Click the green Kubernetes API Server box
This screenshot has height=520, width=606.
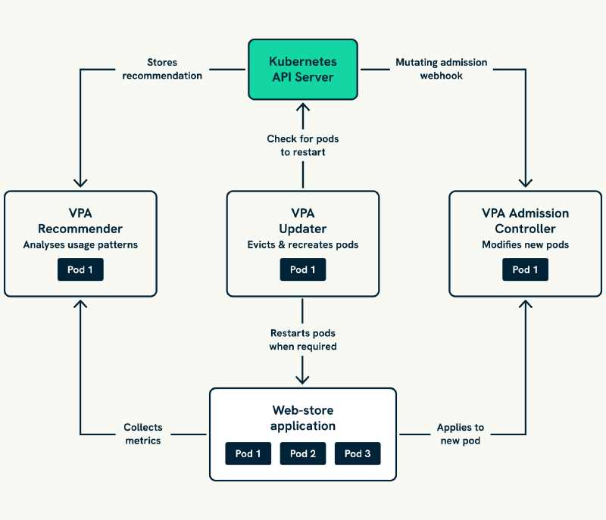(303, 70)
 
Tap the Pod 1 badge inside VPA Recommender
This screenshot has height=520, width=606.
(80, 269)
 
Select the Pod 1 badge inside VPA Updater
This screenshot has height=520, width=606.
(303, 269)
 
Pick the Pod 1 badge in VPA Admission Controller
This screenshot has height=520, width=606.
(525, 269)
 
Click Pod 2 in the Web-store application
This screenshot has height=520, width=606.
(303, 453)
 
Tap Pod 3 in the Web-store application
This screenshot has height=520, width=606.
(358, 453)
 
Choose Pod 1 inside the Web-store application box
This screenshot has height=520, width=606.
(248, 453)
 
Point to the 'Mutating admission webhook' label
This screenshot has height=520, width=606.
(441, 70)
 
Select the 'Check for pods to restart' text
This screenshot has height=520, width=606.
(302, 145)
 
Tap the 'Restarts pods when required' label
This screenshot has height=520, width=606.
(302, 340)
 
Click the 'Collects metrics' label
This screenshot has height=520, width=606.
(143, 434)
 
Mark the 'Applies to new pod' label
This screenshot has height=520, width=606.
(461, 434)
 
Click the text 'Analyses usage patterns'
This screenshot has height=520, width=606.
(80, 245)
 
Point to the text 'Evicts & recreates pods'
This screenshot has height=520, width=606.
(303, 245)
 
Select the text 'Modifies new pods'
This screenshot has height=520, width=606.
(525, 245)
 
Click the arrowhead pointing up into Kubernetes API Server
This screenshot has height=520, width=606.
(303, 107)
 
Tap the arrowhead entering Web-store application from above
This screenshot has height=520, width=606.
(303, 378)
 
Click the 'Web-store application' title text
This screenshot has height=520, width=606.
(303, 418)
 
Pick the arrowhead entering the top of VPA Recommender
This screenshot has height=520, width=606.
(80, 182)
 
